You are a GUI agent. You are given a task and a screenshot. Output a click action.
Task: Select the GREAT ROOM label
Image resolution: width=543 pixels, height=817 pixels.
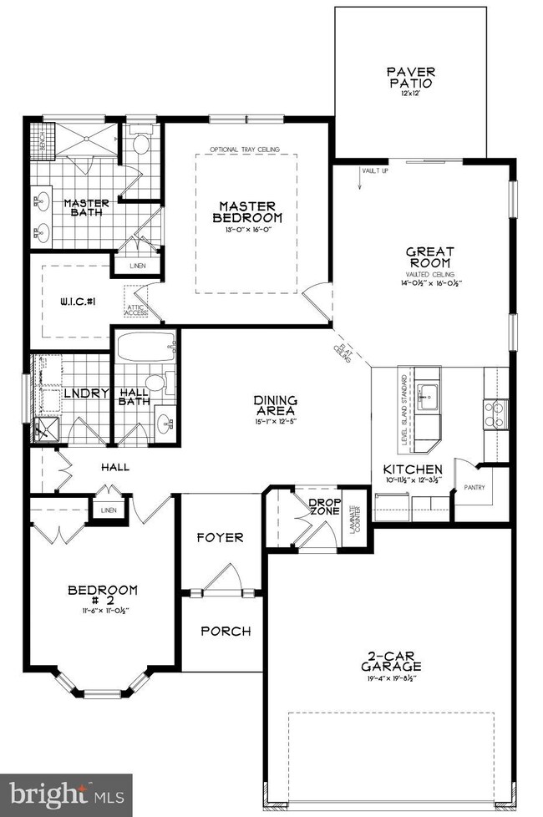coord(429,258)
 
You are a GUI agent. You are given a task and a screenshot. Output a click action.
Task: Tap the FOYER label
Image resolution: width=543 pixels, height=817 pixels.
coord(221,537)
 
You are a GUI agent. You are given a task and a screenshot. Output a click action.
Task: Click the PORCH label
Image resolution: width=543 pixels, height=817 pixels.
coord(225,631)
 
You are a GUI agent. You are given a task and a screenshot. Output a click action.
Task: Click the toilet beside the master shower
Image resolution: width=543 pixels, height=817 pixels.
coord(140,144)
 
